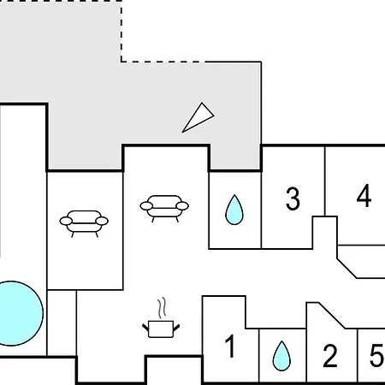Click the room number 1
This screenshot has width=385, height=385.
(x=230, y=346)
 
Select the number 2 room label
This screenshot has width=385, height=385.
(x=330, y=355)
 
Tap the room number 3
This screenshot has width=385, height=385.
(x=293, y=198)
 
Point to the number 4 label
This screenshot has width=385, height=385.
(x=364, y=196)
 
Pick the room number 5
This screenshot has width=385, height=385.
(x=377, y=355)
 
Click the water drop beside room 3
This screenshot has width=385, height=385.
(x=234, y=210)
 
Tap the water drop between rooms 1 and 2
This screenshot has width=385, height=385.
(x=281, y=356)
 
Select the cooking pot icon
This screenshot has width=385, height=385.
(x=161, y=329)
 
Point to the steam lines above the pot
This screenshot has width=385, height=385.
(x=162, y=308)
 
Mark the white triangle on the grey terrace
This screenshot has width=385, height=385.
(x=198, y=117)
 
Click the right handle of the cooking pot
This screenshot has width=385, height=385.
(x=176, y=328)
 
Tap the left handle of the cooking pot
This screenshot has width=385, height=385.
(x=145, y=328)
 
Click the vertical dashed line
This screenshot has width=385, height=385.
(x=121, y=31)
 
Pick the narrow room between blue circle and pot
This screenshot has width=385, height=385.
(x=62, y=323)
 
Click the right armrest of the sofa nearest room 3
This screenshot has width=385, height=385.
(x=182, y=205)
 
